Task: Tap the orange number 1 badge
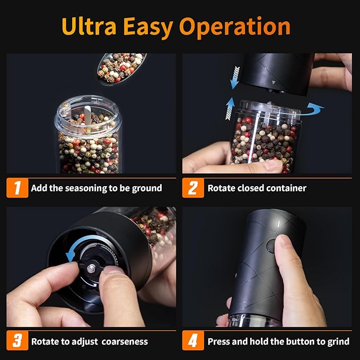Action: [x=17, y=188]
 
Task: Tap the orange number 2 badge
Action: [x=193, y=188]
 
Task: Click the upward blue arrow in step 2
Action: [x=229, y=108]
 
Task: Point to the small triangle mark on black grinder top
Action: [x=273, y=83]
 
